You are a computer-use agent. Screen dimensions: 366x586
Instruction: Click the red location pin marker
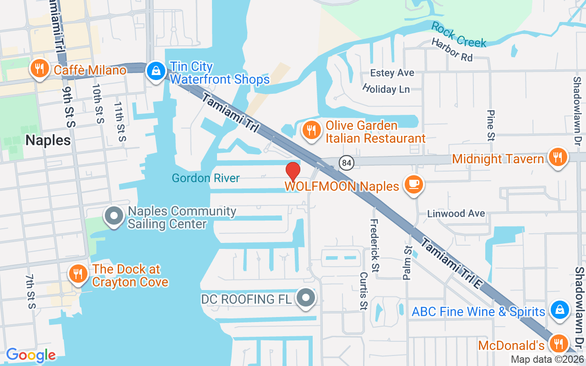click(x=293, y=171)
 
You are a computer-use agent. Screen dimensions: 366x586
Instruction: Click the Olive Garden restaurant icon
click(x=311, y=130)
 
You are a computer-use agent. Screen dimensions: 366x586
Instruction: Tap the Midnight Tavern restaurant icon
click(x=557, y=158)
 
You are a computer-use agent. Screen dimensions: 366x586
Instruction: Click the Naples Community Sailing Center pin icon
click(x=114, y=216)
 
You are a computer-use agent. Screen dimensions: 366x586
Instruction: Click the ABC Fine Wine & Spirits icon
click(x=559, y=310)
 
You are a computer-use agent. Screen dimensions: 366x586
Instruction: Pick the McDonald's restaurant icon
click(x=558, y=343)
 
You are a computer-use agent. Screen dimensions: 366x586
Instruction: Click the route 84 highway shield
click(x=347, y=162)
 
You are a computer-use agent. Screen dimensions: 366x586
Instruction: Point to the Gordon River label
click(x=206, y=178)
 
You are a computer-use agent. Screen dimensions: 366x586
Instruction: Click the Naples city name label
click(x=48, y=140)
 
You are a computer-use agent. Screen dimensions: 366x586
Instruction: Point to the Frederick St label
click(x=375, y=245)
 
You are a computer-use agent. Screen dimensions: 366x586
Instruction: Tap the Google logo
click(x=31, y=355)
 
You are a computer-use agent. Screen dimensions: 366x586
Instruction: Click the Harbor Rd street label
click(x=451, y=49)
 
